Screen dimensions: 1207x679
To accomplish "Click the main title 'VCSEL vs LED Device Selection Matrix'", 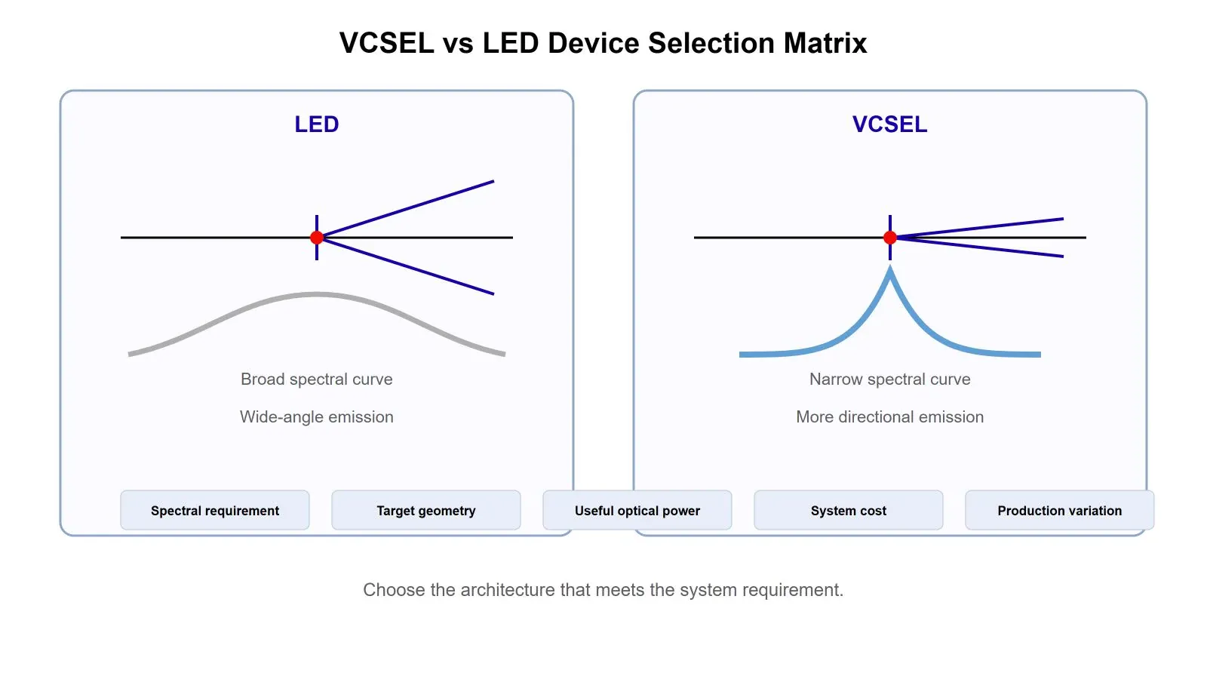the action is point(603,43).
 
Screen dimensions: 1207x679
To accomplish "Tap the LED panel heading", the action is point(317,124).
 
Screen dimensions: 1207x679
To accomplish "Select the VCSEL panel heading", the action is point(889,124).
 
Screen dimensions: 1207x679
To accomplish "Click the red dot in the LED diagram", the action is point(317,238).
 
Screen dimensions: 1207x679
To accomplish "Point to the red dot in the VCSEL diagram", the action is point(890,238).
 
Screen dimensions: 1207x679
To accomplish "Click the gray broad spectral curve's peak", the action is point(317,295).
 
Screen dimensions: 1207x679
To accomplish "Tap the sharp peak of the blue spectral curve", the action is point(890,267).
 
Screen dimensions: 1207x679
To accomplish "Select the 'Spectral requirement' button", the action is point(215,510).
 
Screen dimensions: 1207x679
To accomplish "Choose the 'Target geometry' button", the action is point(426,510).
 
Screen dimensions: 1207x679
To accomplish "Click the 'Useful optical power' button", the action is point(637,510).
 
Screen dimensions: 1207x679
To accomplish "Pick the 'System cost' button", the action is point(849,510).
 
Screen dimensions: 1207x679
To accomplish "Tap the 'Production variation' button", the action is point(1060,510).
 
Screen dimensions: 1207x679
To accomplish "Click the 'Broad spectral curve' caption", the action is point(317,379).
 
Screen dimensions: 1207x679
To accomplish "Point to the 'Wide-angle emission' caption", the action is point(317,417).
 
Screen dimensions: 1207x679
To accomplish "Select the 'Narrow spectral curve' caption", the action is point(890,379).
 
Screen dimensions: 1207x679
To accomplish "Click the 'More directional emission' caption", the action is point(890,417).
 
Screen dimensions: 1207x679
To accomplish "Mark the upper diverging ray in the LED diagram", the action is point(406,209).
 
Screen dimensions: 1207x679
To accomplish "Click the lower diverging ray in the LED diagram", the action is point(406,266).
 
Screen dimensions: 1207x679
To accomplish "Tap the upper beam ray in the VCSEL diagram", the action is point(977,228).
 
